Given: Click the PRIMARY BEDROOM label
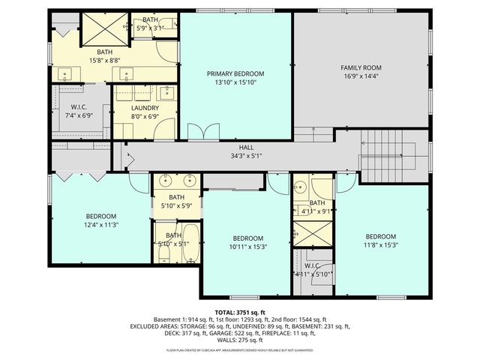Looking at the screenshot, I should (235, 73).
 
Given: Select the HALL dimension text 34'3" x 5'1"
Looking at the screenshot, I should (246, 157).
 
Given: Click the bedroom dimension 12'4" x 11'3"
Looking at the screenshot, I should (101, 223).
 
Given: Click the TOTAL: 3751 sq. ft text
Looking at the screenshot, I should (240, 312).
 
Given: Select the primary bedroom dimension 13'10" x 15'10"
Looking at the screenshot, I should (235, 82).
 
